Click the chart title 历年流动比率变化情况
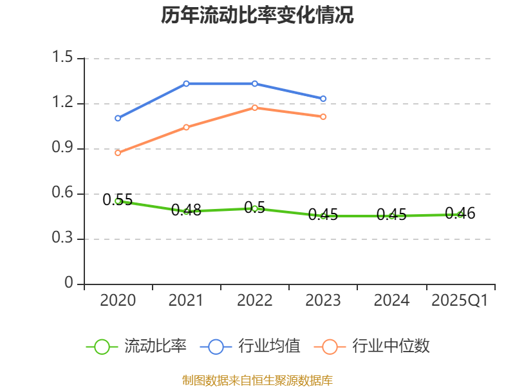click(257, 15)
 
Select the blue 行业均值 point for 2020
click(118, 118)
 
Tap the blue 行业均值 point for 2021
click(186, 83)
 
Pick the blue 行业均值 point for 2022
click(255, 83)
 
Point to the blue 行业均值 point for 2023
click(323, 99)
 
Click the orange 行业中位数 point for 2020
click(118, 153)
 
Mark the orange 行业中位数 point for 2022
click(255, 108)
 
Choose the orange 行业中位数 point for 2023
click(323, 117)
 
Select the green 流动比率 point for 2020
click(118, 201)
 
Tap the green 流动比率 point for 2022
click(255, 208)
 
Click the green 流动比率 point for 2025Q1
click(460, 214)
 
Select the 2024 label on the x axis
click(391, 301)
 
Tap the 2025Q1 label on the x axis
click(460, 301)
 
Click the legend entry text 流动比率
click(156, 346)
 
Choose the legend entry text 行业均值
click(270, 346)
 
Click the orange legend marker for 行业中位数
click(330, 346)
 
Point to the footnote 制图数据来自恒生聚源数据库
click(257, 380)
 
